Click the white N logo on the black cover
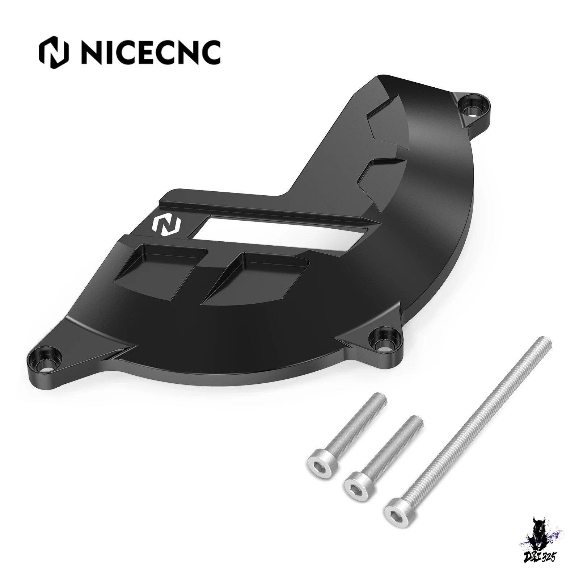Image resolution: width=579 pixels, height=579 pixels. (168, 225)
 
